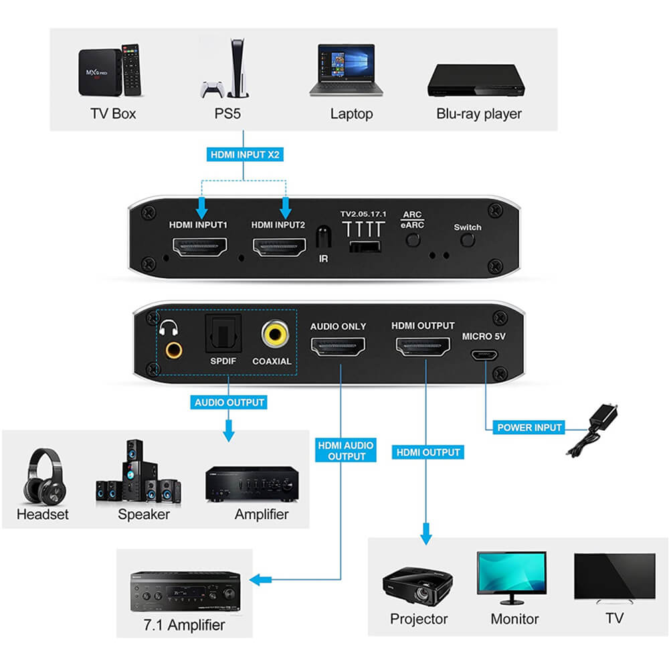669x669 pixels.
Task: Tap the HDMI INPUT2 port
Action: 278,250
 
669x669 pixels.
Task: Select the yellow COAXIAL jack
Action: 272,334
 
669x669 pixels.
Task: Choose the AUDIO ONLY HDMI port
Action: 338,347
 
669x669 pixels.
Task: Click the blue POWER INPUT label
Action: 529,427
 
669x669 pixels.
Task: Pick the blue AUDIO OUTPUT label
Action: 229,403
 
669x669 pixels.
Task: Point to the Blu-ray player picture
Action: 476,80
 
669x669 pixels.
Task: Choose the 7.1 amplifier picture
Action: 185,591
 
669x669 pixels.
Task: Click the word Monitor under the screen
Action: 514,619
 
